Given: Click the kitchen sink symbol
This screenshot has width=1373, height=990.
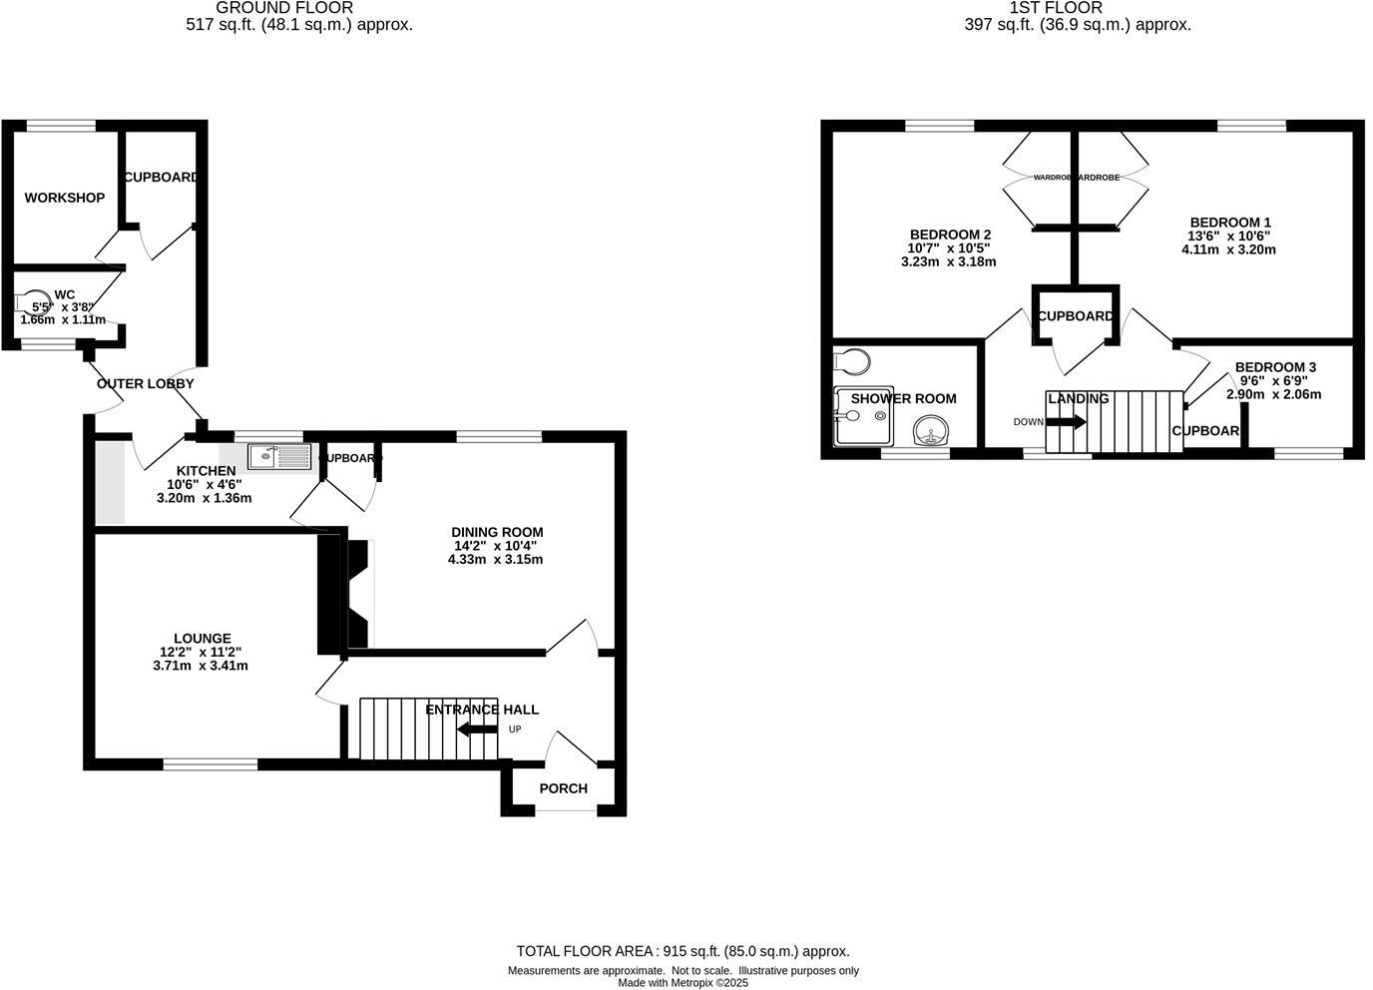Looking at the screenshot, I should pyautogui.click(x=280, y=457).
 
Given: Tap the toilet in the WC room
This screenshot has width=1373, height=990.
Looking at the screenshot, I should pyautogui.click(x=31, y=302).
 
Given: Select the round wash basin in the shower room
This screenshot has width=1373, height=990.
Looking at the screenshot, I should pyautogui.click(x=931, y=431).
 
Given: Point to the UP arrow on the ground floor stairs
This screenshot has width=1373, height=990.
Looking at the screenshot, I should pyautogui.click(x=477, y=730).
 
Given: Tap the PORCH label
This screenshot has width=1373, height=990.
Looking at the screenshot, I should pyautogui.click(x=563, y=788).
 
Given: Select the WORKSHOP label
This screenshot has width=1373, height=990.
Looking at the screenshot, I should pyautogui.click(x=64, y=198).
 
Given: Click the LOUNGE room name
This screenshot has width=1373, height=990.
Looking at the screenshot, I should pyautogui.click(x=202, y=639).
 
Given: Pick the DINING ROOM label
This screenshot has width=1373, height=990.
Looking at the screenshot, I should pyautogui.click(x=497, y=532).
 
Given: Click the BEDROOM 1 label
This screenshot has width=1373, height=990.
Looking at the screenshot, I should pyautogui.click(x=1229, y=223).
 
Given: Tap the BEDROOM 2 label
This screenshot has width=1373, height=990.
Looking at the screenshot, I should pyautogui.click(x=949, y=235).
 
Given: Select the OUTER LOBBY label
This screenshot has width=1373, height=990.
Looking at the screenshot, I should pyautogui.click(x=145, y=383).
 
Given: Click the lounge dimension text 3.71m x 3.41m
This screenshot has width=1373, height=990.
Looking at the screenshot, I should pyautogui.click(x=201, y=666).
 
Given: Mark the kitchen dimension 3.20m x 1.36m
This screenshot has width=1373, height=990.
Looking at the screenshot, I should pyautogui.click(x=205, y=498).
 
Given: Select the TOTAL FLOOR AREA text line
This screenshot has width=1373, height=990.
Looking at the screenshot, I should pyautogui.click(x=683, y=951).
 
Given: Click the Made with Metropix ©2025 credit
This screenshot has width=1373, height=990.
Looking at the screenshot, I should pyautogui.click(x=683, y=983).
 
